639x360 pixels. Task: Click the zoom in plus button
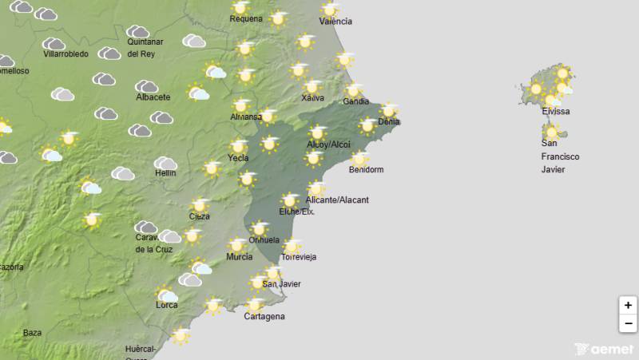click(x=628, y=305)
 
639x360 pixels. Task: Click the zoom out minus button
click(x=628, y=323)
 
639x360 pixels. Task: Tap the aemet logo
click(x=604, y=349)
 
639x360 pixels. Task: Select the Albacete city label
click(x=153, y=97)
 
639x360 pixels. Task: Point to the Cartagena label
click(x=264, y=316)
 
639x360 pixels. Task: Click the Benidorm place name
click(x=367, y=170)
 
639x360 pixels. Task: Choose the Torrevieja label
click(x=299, y=257)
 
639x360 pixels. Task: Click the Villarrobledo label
click(x=65, y=54)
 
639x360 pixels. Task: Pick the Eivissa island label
click(x=555, y=112)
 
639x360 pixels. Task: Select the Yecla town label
click(x=238, y=158)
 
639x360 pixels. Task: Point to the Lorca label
click(x=167, y=305)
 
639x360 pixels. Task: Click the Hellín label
click(x=165, y=173)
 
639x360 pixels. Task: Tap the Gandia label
click(x=356, y=101)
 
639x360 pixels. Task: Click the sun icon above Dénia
click(x=389, y=110)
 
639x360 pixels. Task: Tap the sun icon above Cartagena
click(x=254, y=304)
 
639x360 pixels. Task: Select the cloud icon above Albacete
click(x=146, y=86)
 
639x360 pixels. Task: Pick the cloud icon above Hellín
click(x=165, y=163)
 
